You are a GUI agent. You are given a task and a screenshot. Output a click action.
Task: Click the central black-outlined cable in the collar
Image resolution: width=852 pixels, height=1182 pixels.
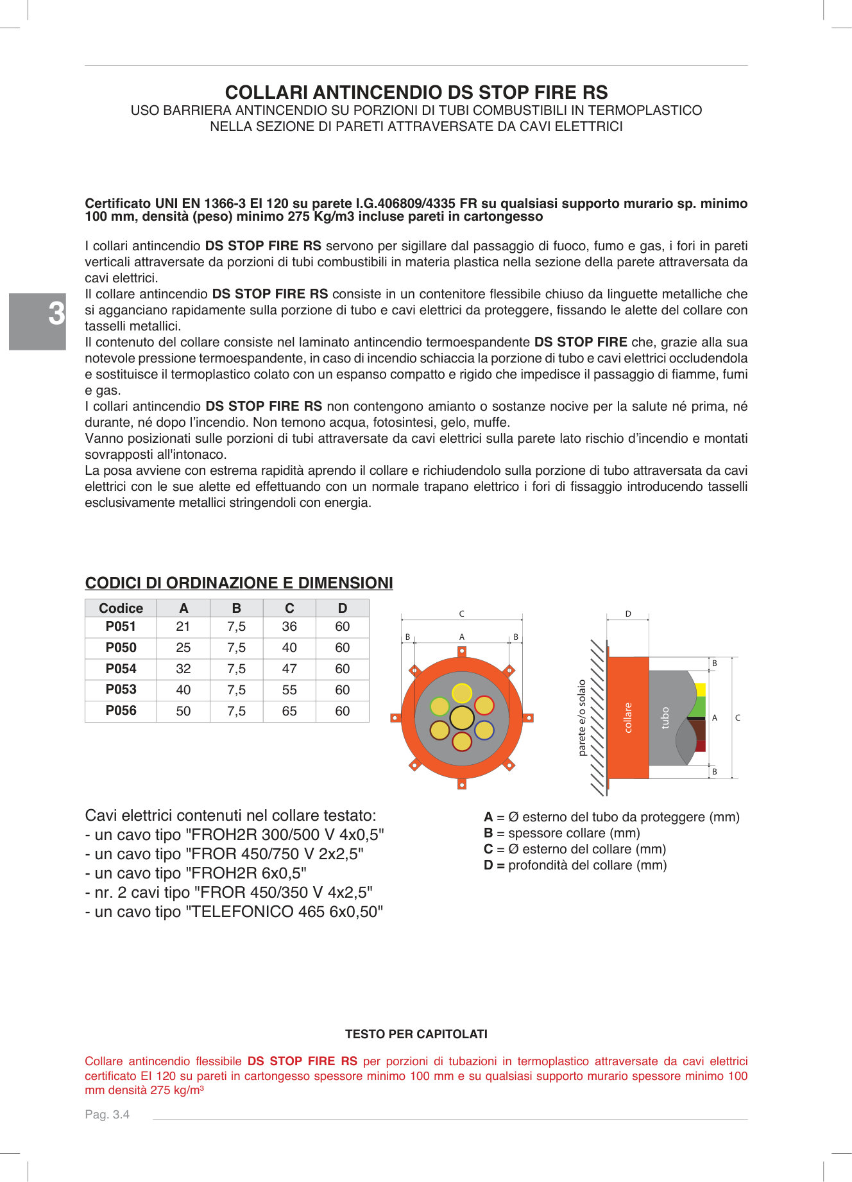tap(462, 717)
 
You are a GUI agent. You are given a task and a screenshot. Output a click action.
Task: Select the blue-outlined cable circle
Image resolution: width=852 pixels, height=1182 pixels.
tap(484, 730)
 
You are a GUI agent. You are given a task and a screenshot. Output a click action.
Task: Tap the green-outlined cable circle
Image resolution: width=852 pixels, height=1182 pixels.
tap(439, 706)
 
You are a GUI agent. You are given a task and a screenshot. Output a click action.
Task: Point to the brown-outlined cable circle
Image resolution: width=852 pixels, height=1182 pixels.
tap(439, 730)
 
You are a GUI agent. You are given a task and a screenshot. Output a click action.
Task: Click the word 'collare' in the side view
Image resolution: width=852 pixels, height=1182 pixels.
tap(628, 717)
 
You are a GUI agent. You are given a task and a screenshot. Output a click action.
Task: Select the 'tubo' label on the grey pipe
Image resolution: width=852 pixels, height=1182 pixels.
tap(665, 717)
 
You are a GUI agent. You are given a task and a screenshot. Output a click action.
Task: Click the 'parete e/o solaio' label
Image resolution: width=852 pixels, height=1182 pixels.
tap(582, 717)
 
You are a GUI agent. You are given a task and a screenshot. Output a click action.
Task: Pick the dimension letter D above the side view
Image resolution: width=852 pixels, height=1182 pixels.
tap(628, 614)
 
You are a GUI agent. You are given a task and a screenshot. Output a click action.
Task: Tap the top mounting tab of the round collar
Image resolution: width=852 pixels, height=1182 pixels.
tap(462, 651)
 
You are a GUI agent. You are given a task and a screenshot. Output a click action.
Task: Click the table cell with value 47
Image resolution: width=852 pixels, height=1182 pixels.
tap(289, 669)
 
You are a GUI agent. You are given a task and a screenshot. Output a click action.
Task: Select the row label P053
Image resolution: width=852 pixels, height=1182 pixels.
tap(121, 690)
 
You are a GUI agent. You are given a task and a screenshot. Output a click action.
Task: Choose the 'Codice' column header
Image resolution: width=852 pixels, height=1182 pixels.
tap(121, 608)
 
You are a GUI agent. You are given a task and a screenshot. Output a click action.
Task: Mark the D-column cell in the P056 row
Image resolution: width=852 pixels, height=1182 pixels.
tap(342, 711)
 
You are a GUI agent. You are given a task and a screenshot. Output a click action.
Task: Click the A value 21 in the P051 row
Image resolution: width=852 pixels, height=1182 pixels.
tap(183, 627)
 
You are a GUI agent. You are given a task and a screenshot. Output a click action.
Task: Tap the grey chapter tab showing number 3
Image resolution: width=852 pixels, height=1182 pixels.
tap(38, 321)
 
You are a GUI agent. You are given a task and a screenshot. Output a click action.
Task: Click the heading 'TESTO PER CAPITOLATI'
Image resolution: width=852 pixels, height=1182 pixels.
tap(416, 1034)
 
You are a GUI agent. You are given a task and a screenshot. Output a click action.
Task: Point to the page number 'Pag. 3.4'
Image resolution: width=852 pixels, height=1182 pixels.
tap(107, 1115)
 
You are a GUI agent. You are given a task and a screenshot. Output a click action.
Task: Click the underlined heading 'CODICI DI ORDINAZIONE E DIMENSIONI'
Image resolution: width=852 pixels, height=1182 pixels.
tap(239, 583)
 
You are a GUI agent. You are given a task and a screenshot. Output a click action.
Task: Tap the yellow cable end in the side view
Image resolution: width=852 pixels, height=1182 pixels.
tap(700, 690)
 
